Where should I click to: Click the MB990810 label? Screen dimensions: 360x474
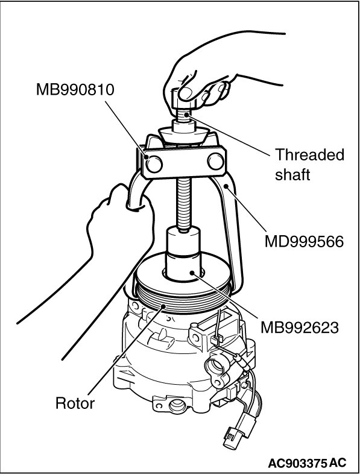pos(75,90)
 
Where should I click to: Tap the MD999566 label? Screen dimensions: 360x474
pos(304,242)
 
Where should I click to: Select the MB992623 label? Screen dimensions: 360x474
pos(300,327)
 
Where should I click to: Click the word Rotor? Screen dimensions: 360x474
pos(75,403)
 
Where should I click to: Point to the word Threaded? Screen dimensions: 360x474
pos(309,154)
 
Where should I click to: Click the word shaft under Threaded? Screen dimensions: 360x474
pos(292,174)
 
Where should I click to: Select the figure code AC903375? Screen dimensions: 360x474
pos(297,463)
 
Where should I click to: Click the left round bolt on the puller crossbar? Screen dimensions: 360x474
pos(154,164)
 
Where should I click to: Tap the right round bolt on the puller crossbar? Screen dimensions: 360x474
pos(215,161)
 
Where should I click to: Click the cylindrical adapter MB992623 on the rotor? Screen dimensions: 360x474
pos(183,253)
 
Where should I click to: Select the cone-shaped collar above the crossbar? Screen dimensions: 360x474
pos(183,136)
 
